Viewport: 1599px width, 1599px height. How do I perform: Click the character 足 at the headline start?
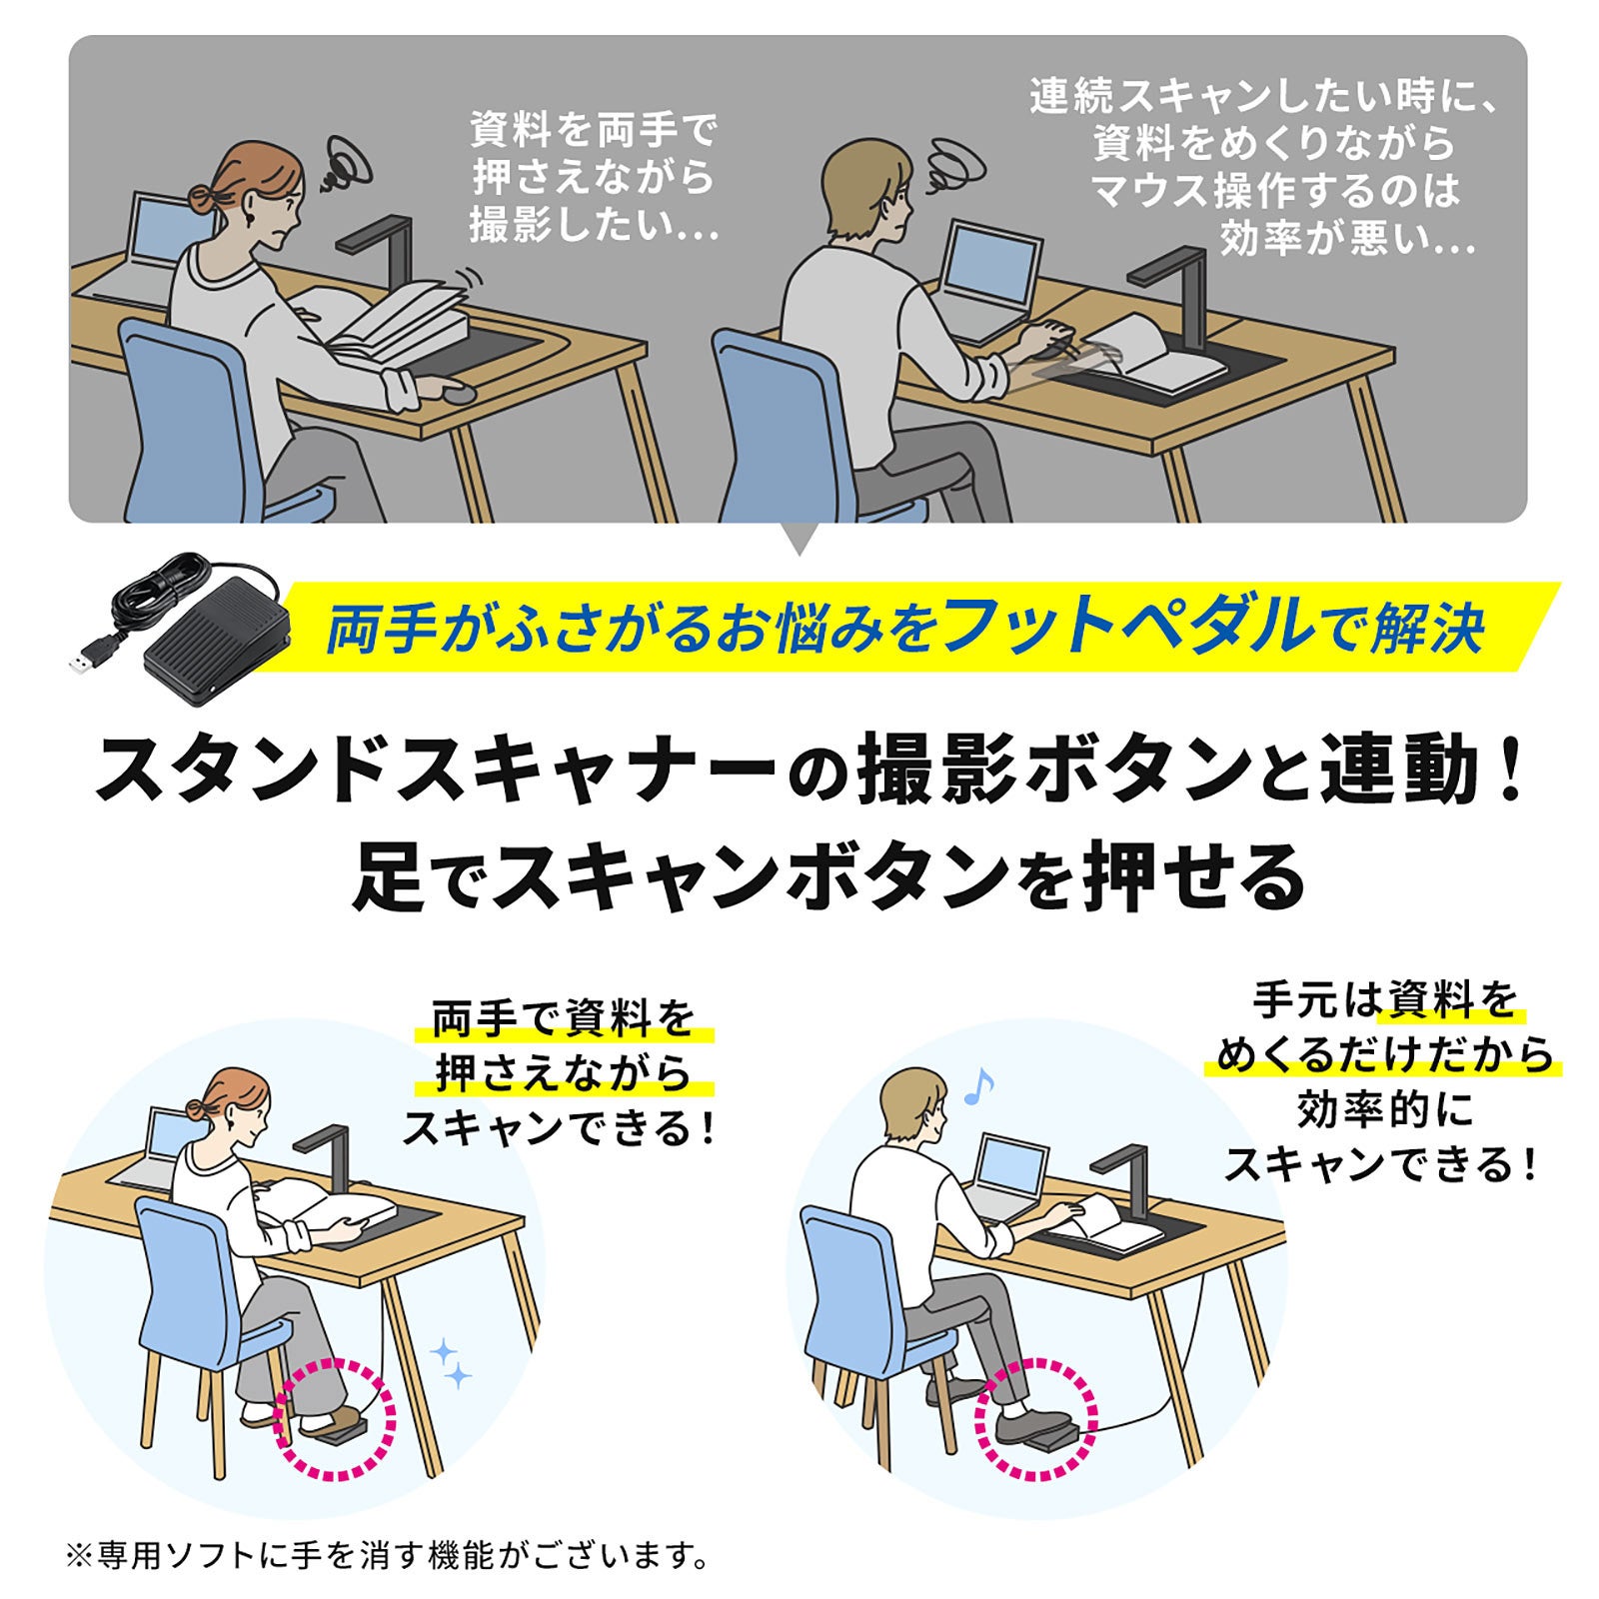click(x=389, y=875)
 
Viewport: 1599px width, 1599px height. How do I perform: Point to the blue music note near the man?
click(x=978, y=1086)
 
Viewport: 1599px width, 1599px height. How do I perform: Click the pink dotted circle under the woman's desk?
click(x=335, y=1420)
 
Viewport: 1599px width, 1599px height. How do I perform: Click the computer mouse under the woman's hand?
click(x=460, y=392)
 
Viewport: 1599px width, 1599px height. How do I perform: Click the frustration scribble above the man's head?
click(x=955, y=162)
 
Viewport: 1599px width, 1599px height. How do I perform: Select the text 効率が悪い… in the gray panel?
click(x=1346, y=239)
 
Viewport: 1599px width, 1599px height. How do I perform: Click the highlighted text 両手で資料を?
click(x=563, y=1019)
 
